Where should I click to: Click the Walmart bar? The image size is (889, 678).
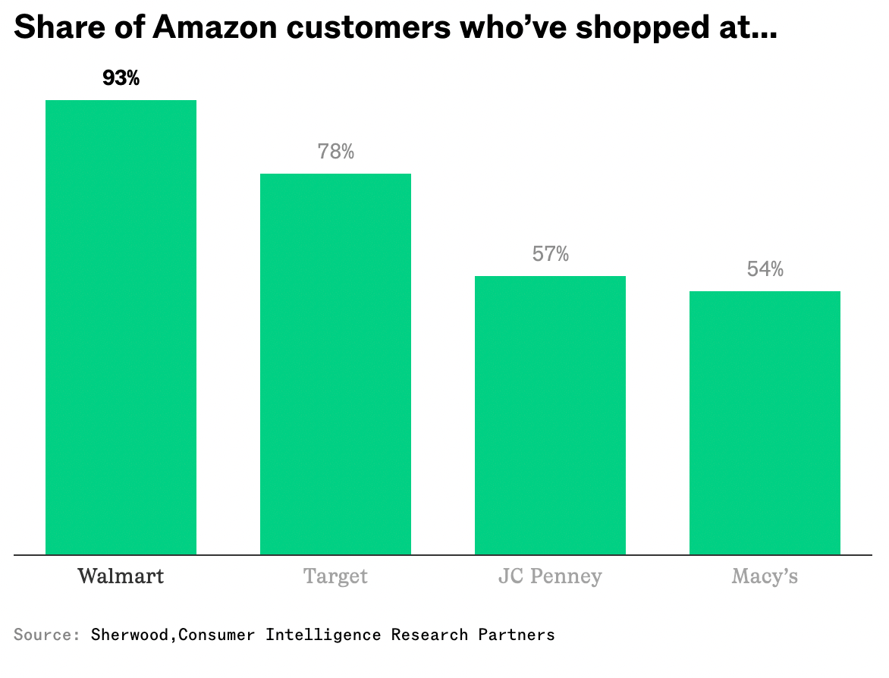(x=121, y=327)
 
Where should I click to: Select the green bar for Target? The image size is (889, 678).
(x=335, y=364)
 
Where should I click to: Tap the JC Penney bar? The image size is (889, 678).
(x=550, y=415)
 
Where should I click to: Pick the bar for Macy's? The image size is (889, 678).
(x=765, y=422)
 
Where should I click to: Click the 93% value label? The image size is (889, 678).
(x=121, y=78)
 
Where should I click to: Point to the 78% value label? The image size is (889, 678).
(x=336, y=152)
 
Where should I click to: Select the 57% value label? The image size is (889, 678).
(x=551, y=254)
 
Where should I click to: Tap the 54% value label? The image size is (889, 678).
(x=765, y=269)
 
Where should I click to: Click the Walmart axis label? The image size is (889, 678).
(x=121, y=576)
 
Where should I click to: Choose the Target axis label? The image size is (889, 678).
(x=335, y=576)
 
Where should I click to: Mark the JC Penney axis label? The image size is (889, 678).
(x=550, y=576)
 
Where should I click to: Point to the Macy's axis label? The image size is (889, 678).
(x=765, y=576)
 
